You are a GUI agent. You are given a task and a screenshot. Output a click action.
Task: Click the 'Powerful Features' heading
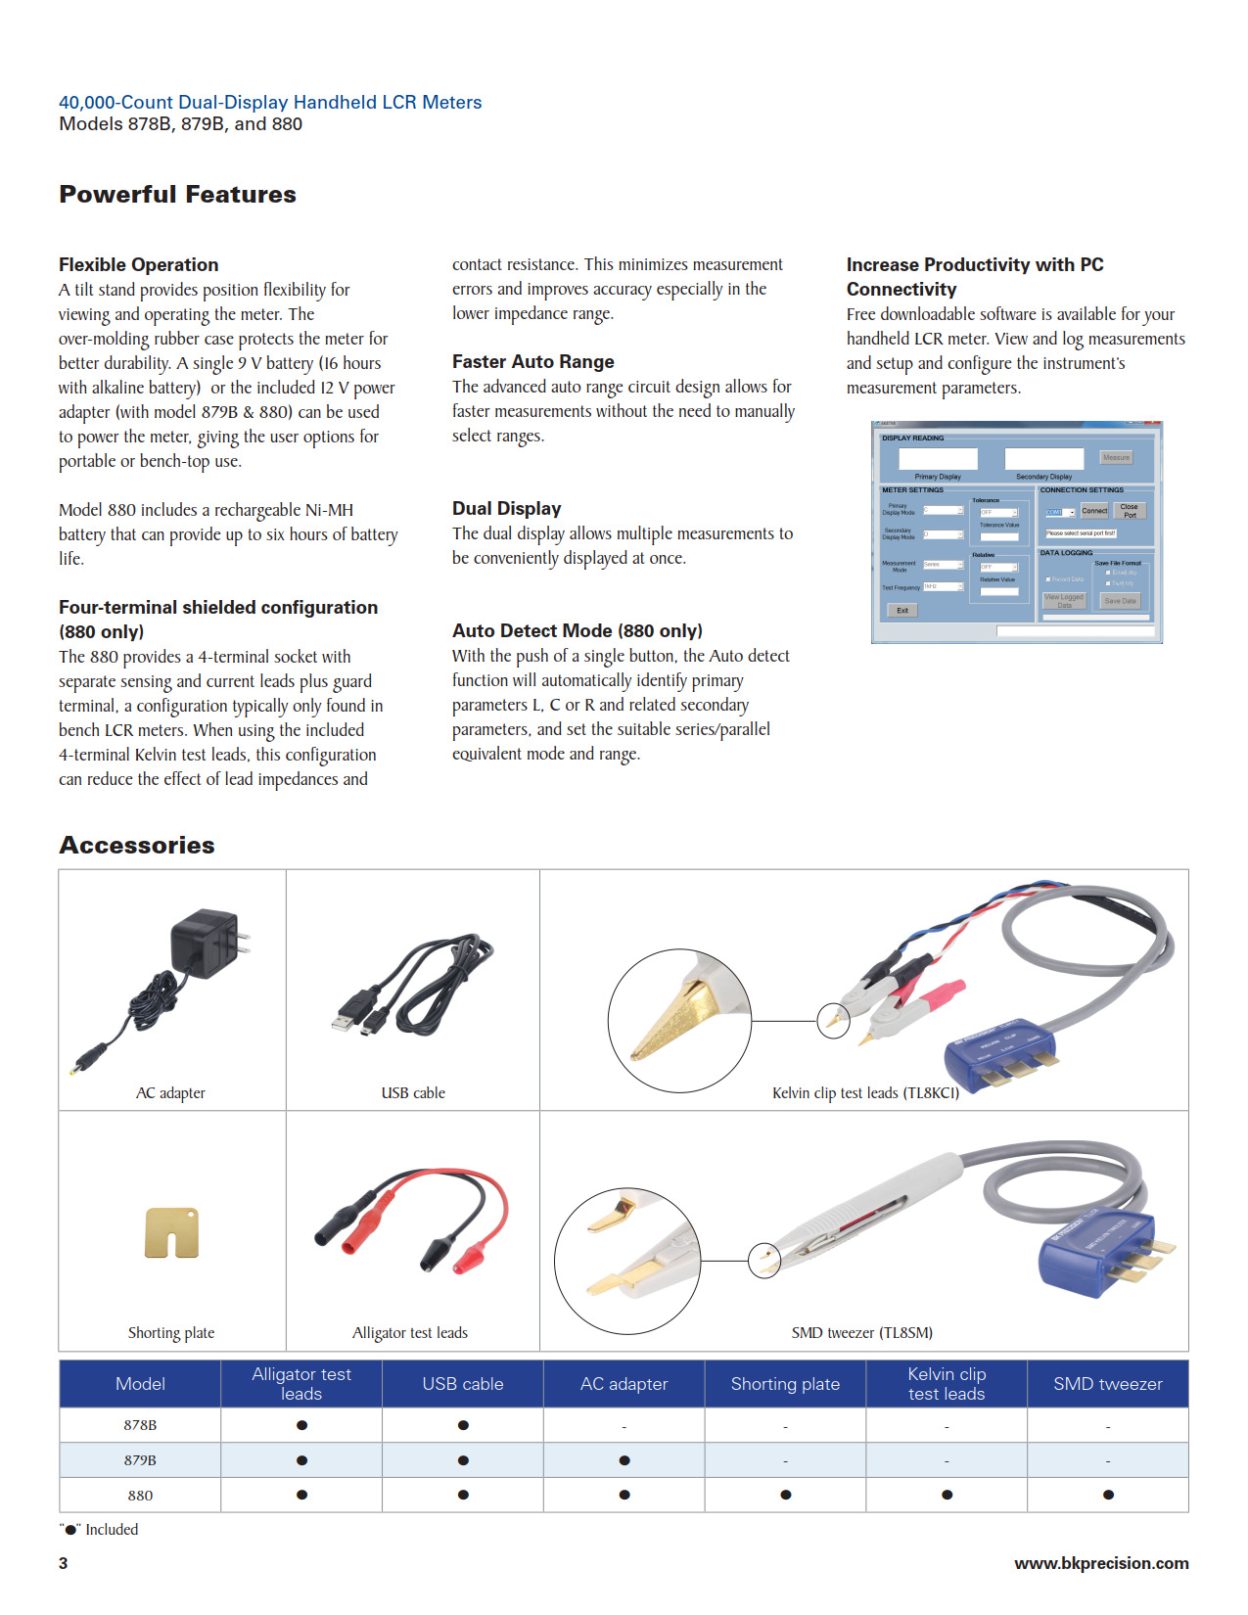tap(177, 194)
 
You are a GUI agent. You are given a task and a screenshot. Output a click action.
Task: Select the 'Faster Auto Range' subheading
tap(532, 361)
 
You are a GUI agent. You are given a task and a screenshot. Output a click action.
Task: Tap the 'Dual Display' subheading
tap(506, 508)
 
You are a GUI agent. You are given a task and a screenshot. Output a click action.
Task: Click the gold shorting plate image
tap(172, 1231)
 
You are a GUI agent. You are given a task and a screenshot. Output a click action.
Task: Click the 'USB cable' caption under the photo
tap(412, 1092)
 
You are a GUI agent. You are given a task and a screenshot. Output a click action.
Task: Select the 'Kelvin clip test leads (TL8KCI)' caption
tap(865, 1092)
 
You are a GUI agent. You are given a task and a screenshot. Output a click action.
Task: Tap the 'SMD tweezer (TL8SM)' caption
tap(861, 1332)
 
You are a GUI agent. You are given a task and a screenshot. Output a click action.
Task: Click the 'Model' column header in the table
tap(140, 1383)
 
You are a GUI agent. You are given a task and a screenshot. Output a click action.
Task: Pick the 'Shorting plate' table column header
tap(785, 1383)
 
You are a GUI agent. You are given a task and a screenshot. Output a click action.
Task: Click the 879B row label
tap(140, 1459)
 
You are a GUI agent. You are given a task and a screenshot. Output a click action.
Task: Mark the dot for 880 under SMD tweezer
tap(1108, 1495)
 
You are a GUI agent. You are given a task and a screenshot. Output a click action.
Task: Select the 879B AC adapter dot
tap(624, 1460)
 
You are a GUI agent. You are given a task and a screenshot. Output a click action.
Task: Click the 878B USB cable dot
tap(463, 1425)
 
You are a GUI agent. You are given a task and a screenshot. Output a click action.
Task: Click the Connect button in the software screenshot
tap(1094, 511)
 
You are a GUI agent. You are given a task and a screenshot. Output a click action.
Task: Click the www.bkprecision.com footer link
tap(1101, 1563)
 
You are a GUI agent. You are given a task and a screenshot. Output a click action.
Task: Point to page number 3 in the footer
tap(64, 1563)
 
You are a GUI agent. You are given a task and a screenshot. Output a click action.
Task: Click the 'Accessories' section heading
tap(137, 845)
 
